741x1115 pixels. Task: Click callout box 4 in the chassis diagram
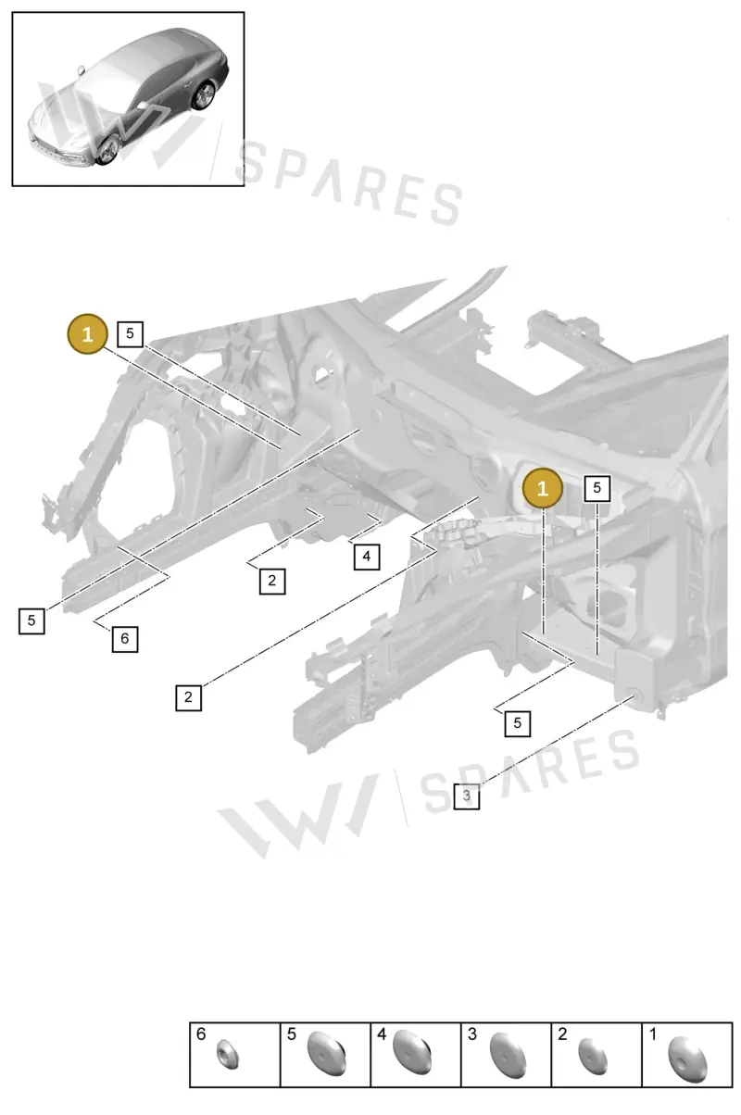click(x=367, y=557)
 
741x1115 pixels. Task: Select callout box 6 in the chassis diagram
click(x=124, y=639)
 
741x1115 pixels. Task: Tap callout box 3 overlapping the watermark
click(x=467, y=796)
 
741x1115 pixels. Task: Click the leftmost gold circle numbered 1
click(x=88, y=334)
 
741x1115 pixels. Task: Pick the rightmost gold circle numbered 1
click(x=542, y=488)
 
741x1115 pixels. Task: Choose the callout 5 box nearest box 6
click(x=31, y=620)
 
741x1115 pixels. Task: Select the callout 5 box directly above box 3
click(x=518, y=723)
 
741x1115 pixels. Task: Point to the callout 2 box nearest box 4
click(x=272, y=581)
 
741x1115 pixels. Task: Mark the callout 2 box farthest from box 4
click(x=188, y=697)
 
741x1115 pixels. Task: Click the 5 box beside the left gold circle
click(x=130, y=334)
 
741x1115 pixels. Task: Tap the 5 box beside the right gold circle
click(x=597, y=488)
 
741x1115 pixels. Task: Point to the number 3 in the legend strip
click(x=472, y=1034)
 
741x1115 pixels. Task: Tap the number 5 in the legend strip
click(x=292, y=1034)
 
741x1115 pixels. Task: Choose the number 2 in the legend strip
click(x=562, y=1034)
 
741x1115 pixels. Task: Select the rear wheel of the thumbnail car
click(x=204, y=95)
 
